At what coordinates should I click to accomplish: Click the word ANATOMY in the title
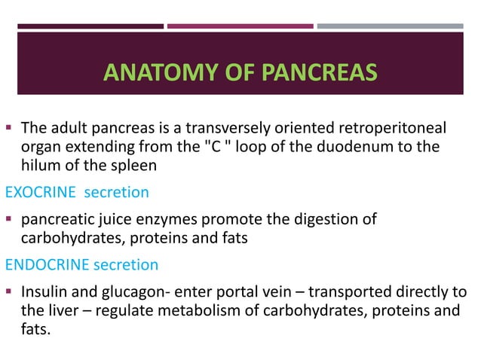149,74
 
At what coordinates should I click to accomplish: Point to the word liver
66,310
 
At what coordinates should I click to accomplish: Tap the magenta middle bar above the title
239,26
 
